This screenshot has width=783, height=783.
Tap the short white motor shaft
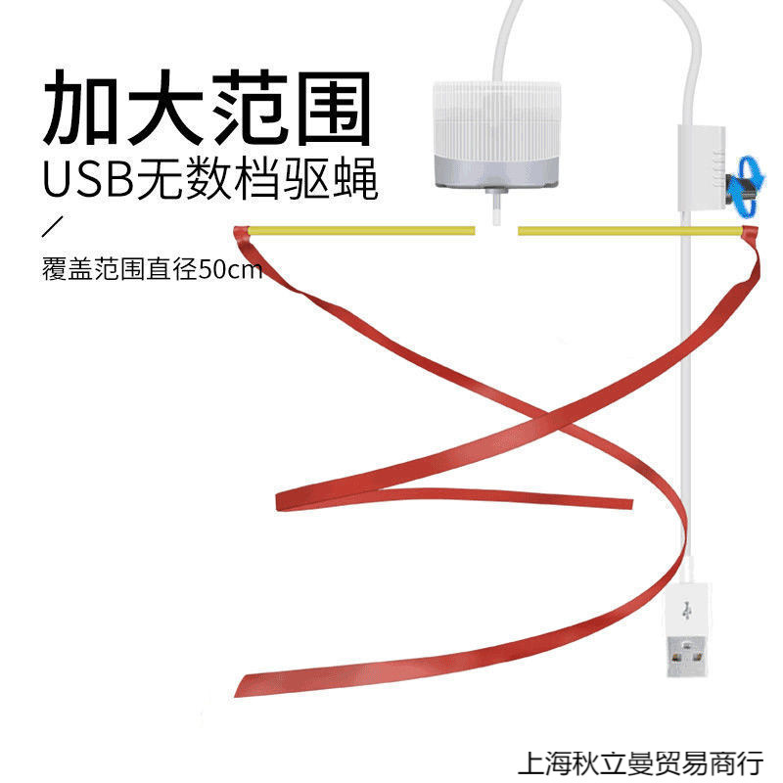(x=494, y=207)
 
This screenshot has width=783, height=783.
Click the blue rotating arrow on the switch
(x=749, y=178)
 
